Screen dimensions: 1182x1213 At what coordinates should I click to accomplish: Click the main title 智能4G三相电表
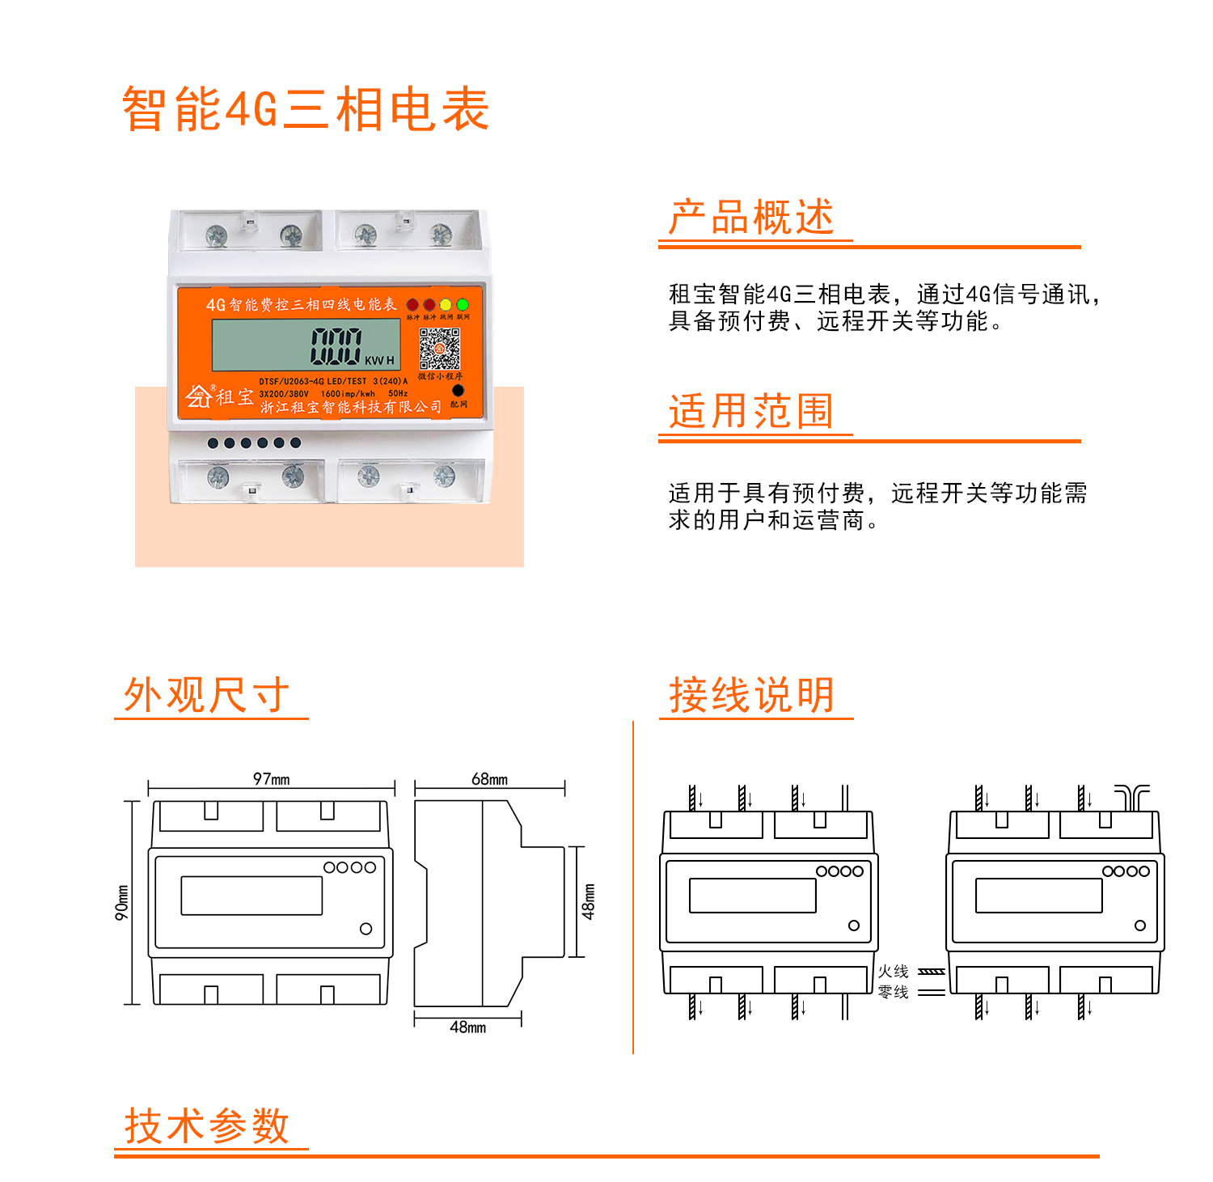click(x=306, y=109)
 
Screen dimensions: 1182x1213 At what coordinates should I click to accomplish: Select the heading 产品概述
click(x=751, y=218)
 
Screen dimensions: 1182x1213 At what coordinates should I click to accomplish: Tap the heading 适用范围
click(x=751, y=411)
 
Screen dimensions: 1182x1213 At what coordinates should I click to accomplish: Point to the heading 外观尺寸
click(x=206, y=695)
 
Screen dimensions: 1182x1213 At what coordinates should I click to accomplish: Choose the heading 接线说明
click(x=752, y=695)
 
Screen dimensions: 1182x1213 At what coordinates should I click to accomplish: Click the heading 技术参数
click(x=206, y=1125)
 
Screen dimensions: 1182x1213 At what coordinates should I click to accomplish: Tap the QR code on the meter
click(x=439, y=350)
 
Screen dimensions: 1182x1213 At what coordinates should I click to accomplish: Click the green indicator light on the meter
click(x=463, y=305)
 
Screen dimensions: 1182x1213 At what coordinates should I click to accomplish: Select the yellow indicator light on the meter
click(x=446, y=305)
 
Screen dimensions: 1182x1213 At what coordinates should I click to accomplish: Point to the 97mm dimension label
click(x=272, y=779)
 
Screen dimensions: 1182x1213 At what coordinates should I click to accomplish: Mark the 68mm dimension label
click(x=490, y=779)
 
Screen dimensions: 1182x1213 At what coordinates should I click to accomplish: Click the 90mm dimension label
click(x=122, y=902)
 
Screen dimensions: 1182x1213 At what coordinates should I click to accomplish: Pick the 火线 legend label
click(x=894, y=971)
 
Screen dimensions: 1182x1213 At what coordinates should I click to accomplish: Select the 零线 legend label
click(x=894, y=992)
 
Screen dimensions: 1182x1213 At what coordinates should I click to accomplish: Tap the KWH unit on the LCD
click(x=379, y=360)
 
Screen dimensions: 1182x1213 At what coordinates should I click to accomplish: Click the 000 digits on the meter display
click(x=336, y=346)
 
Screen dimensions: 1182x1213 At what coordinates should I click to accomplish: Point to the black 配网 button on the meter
click(x=459, y=391)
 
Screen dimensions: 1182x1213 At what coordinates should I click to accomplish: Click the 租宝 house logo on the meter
click(x=199, y=396)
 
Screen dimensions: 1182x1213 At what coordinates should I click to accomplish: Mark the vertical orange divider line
click(x=633, y=887)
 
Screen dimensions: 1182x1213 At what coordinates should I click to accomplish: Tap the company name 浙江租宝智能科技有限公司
click(x=351, y=407)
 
